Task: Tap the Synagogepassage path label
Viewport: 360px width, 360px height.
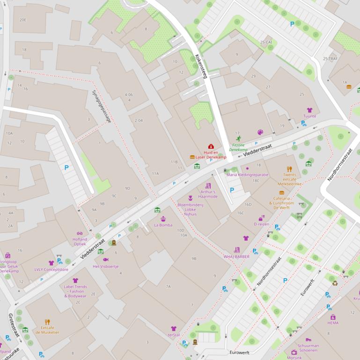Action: [x=102, y=106]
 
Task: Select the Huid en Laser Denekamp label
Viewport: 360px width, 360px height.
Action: [x=210, y=155]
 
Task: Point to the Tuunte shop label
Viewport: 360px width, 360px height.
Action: [x=309, y=116]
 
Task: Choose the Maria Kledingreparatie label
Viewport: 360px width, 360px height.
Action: [x=248, y=175]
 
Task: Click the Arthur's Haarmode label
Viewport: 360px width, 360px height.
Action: [x=208, y=194]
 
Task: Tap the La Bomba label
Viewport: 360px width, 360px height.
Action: [x=163, y=225]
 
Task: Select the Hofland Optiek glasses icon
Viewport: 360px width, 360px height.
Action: [x=80, y=233]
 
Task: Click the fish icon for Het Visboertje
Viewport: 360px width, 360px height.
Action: [x=106, y=259]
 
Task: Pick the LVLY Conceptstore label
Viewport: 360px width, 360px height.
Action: [x=51, y=269]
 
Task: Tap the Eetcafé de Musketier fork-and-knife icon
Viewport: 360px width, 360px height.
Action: [x=47, y=322]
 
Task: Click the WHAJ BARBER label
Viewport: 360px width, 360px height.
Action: [x=236, y=257]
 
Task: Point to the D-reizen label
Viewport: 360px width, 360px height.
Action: [x=261, y=224]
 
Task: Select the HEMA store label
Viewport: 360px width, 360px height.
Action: [x=333, y=323]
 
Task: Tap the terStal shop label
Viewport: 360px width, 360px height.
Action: [x=174, y=335]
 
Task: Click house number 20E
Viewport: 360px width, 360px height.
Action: [x=23, y=20]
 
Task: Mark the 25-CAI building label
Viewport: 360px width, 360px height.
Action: [x=266, y=42]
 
